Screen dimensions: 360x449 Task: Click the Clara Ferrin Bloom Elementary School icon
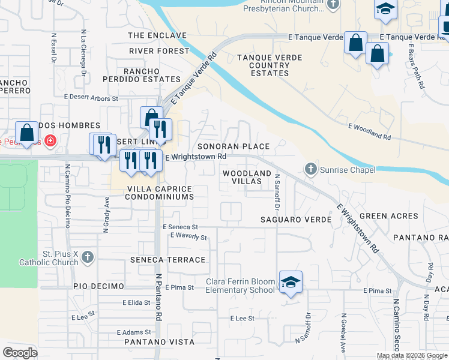click(291, 282)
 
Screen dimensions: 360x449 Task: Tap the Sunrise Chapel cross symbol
click(311, 170)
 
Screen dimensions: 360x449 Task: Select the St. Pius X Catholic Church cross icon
click(88, 257)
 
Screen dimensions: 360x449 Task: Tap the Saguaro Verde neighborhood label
click(295, 220)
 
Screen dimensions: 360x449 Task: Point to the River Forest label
click(158, 51)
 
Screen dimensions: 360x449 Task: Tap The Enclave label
click(157, 35)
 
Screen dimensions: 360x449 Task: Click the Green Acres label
click(388, 216)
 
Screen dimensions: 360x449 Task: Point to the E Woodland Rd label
click(369, 132)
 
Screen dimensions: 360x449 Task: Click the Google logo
click(20, 352)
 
